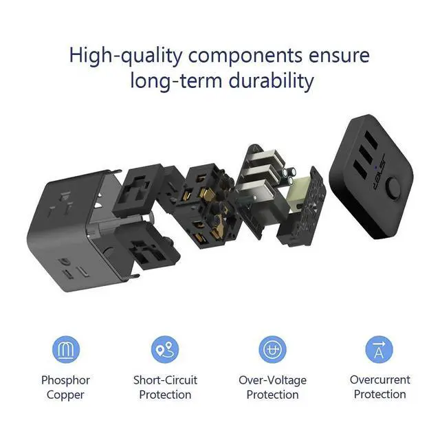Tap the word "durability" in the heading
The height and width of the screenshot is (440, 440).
(271, 81)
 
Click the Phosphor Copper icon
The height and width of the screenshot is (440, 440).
(66, 349)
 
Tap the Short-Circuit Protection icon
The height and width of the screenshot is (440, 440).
(165, 349)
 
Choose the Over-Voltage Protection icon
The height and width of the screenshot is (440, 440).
(272, 349)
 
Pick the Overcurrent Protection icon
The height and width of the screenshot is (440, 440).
(379, 349)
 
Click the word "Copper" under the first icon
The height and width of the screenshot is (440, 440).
(65, 395)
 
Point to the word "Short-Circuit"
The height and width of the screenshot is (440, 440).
(165, 380)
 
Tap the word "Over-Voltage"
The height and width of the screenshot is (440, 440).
(272, 381)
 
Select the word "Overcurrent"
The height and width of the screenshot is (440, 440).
(380, 380)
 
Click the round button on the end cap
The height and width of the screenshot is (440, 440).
(393, 186)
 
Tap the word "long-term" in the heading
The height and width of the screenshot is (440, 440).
(177, 81)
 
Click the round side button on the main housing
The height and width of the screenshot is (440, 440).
(108, 254)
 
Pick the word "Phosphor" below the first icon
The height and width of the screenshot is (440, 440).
(66, 380)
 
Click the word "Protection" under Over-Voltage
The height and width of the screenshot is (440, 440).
(272, 395)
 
